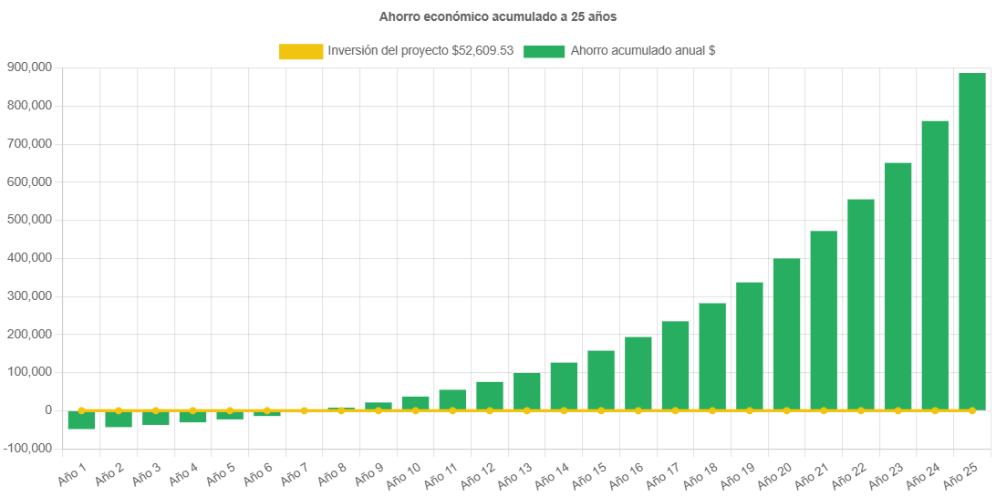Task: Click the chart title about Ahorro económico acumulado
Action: pyautogui.click(x=498, y=16)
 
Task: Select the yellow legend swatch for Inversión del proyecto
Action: pyautogui.click(x=301, y=52)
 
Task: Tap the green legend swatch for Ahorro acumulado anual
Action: pyautogui.click(x=545, y=52)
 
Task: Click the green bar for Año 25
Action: pyautogui.click(x=971, y=242)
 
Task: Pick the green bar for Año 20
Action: pyautogui.click(x=786, y=334)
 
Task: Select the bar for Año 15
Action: pyautogui.click(x=601, y=380)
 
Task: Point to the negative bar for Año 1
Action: pyautogui.click(x=81, y=420)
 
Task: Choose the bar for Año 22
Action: pyautogui.click(x=860, y=305)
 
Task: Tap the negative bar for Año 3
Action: pyautogui.click(x=156, y=418)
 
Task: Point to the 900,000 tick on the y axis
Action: pyautogui.click(x=28, y=67)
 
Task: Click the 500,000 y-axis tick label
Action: pyautogui.click(x=28, y=220)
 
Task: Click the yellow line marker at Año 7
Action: pyautogui.click(x=304, y=410)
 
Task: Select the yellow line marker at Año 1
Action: pyautogui.click(x=81, y=410)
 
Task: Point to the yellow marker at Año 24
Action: pyautogui.click(x=935, y=411)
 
